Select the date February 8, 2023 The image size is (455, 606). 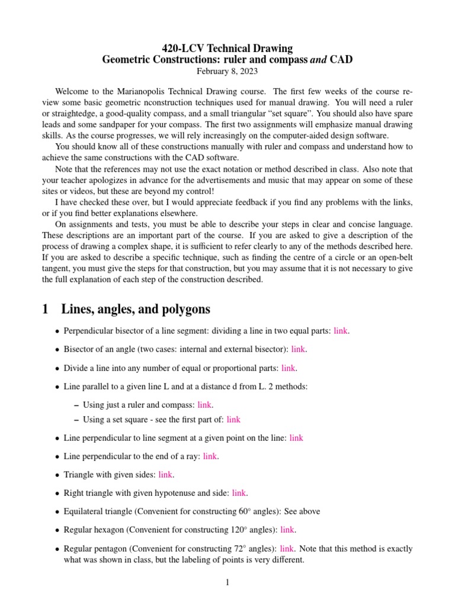pyautogui.click(x=227, y=71)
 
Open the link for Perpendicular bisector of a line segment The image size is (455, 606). pyautogui.click(x=341, y=331)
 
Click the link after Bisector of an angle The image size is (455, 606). pyautogui.click(x=298, y=349)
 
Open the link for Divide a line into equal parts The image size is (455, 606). pyautogui.click(x=288, y=368)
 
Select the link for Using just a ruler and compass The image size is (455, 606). pyautogui.click(x=204, y=405)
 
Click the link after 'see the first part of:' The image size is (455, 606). pyautogui.click(x=233, y=419)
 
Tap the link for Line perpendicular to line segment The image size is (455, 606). pyautogui.click(x=296, y=438)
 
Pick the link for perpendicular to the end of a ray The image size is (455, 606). pyautogui.click(x=210, y=456)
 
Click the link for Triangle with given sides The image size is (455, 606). pyautogui.click(x=165, y=475)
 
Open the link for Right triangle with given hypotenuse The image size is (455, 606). pyautogui.click(x=239, y=492)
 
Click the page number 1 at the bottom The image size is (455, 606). pyautogui.click(x=227, y=583)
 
